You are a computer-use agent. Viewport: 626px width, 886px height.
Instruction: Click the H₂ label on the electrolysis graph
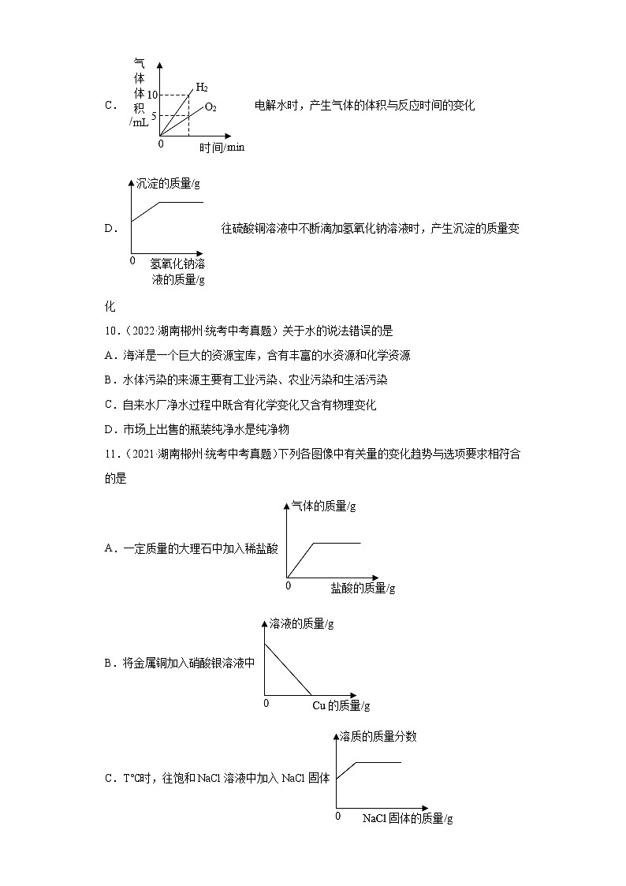pos(202,87)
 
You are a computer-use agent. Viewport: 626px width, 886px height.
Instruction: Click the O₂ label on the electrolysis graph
pos(211,107)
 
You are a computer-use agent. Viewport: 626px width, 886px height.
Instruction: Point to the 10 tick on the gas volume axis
pos(153,95)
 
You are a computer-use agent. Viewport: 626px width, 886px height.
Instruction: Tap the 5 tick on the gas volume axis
pos(155,115)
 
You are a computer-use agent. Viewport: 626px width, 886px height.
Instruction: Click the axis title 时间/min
pos(222,148)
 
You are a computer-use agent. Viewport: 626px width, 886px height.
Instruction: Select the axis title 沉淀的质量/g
pos(168,183)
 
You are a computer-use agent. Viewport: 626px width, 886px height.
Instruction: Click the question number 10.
pos(110,331)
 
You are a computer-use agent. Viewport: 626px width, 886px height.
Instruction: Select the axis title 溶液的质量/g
pos(301,623)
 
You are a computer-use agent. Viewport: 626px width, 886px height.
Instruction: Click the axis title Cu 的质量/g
pos(341,705)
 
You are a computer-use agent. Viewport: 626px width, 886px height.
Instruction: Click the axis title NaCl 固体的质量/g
pos(407,819)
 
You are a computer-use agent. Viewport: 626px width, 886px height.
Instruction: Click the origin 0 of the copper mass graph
pos(266,703)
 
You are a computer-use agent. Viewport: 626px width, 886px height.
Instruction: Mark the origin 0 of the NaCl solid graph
pos(338,817)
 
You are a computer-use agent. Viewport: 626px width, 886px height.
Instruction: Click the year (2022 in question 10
pos(135,331)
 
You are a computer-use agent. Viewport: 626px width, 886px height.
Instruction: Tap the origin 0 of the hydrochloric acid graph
pos(288,585)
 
